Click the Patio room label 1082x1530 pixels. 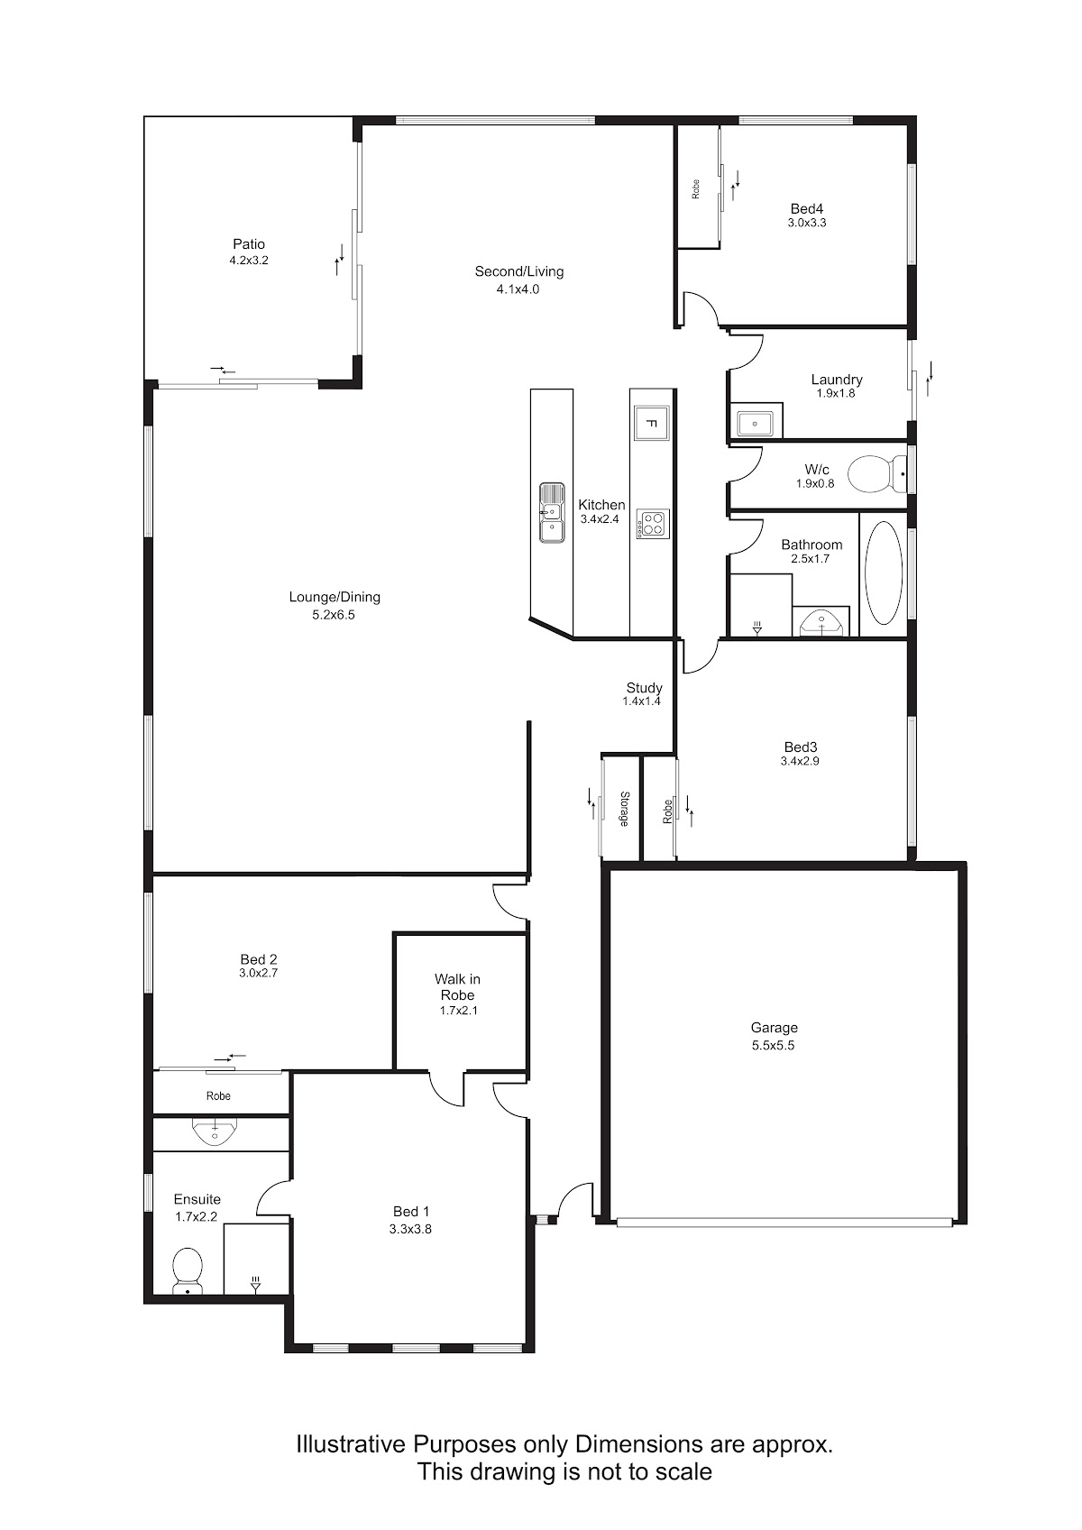coord(249,243)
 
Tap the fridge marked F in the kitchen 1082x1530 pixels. coord(651,424)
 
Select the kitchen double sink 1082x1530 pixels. coord(552,513)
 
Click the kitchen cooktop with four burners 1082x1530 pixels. coord(652,524)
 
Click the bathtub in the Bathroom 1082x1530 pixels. coord(884,573)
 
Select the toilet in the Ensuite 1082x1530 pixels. coord(188,1269)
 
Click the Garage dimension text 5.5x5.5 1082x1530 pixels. coord(774,1045)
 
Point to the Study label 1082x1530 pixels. coord(644,688)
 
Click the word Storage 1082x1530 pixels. coord(624,809)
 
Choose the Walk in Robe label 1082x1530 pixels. coord(457,987)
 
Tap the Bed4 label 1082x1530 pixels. coord(807,208)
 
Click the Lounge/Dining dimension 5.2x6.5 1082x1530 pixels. coord(334,615)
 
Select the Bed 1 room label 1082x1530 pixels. coord(411,1211)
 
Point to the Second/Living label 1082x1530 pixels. coord(519,271)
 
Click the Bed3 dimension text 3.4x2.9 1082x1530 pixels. coord(800,761)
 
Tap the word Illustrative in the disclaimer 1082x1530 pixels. coord(352,1444)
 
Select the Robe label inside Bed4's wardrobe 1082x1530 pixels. coord(696,189)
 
